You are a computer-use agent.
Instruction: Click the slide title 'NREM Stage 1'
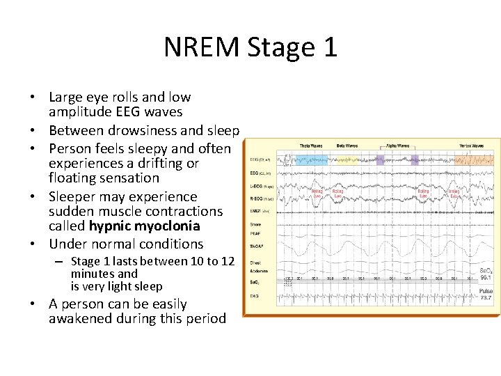tap(250, 47)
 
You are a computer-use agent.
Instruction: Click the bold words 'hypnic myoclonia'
tap(144, 226)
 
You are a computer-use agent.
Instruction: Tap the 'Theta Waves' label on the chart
tap(311, 146)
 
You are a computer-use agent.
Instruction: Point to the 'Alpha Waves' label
tap(393, 146)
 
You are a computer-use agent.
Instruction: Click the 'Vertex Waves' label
tap(472, 146)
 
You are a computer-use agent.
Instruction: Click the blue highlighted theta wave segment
tap(310, 159)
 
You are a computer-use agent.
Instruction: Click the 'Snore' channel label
tap(255, 225)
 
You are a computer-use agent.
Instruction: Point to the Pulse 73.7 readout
tap(486, 294)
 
